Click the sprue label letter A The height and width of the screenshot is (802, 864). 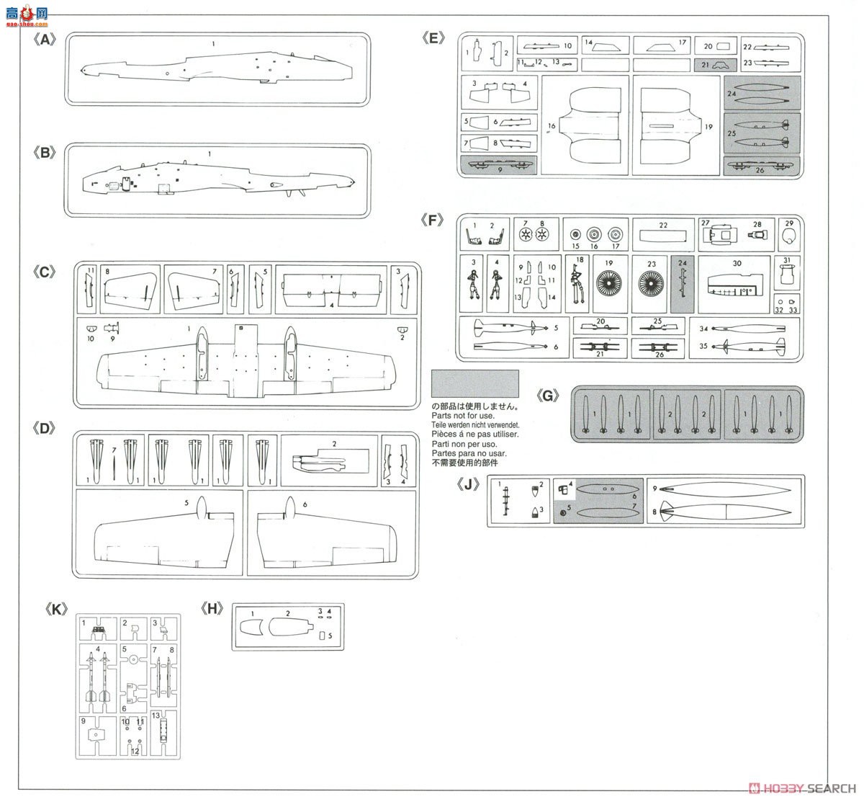coord(45,40)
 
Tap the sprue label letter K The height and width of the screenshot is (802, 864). coord(56,609)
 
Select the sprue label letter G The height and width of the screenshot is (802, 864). coord(548,395)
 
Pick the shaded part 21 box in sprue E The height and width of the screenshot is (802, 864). coord(706,64)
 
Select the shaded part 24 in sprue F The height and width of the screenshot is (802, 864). coord(683,284)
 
